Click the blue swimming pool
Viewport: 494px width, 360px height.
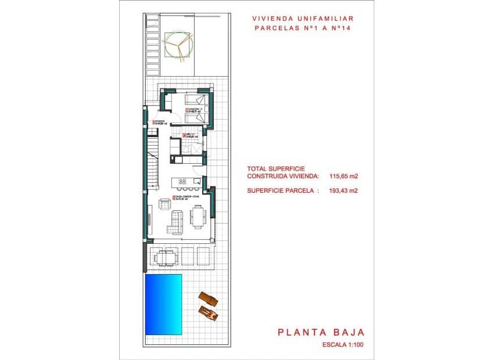pyautogui.click(x=164, y=304)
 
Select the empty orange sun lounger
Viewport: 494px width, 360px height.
pyautogui.click(x=207, y=299)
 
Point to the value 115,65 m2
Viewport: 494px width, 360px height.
pyautogui.click(x=343, y=175)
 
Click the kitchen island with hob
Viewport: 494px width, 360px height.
pyautogui.click(x=183, y=182)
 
